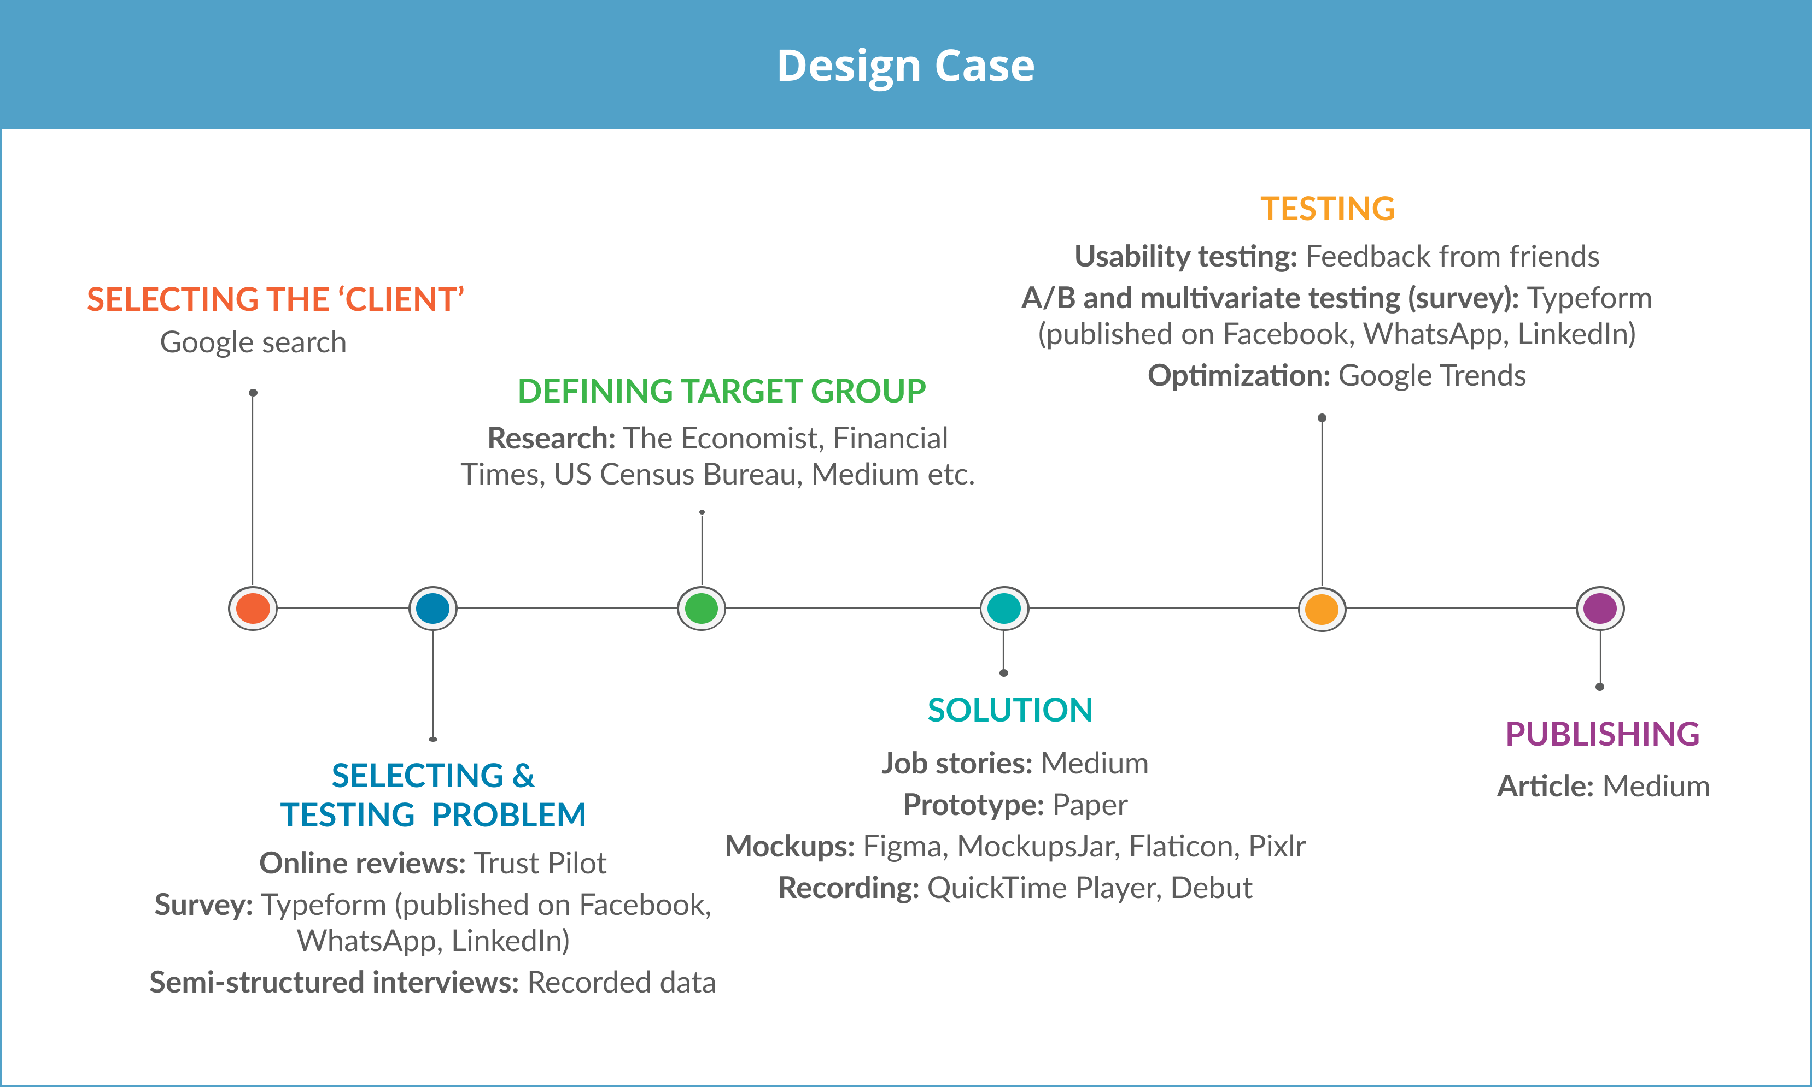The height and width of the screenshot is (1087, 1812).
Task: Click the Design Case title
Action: [x=905, y=66]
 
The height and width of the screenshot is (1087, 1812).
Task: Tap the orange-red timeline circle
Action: [x=253, y=609]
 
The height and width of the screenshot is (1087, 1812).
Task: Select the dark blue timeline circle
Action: [x=432, y=609]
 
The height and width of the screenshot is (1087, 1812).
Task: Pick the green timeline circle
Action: [x=702, y=609]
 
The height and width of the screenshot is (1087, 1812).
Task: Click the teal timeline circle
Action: [x=1004, y=609]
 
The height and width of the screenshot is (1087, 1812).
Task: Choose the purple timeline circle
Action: [x=1600, y=609]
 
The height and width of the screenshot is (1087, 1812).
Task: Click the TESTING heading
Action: [x=1327, y=209]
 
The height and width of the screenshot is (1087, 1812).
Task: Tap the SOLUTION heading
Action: [x=1009, y=710]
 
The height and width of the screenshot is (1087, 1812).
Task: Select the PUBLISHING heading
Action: [x=1603, y=734]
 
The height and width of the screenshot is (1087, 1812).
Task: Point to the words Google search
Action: [x=253, y=342]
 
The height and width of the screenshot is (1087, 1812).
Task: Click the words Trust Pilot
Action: [x=540, y=864]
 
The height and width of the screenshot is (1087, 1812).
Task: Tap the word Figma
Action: [x=901, y=847]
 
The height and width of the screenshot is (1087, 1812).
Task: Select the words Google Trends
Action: [x=1431, y=376]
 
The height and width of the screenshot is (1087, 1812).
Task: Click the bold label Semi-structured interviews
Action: [x=334, y=982]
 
